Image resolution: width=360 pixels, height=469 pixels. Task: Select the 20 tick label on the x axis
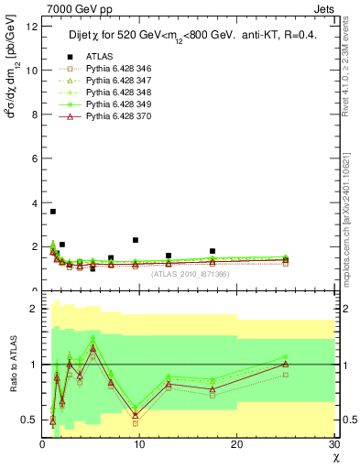[x=236, y=444]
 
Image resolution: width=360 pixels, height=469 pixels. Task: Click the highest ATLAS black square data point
[x=53, y=212]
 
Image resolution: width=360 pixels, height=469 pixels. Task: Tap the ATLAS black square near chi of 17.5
[x=213, y=251]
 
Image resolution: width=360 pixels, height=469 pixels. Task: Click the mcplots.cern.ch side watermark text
[x=349, y=211]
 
